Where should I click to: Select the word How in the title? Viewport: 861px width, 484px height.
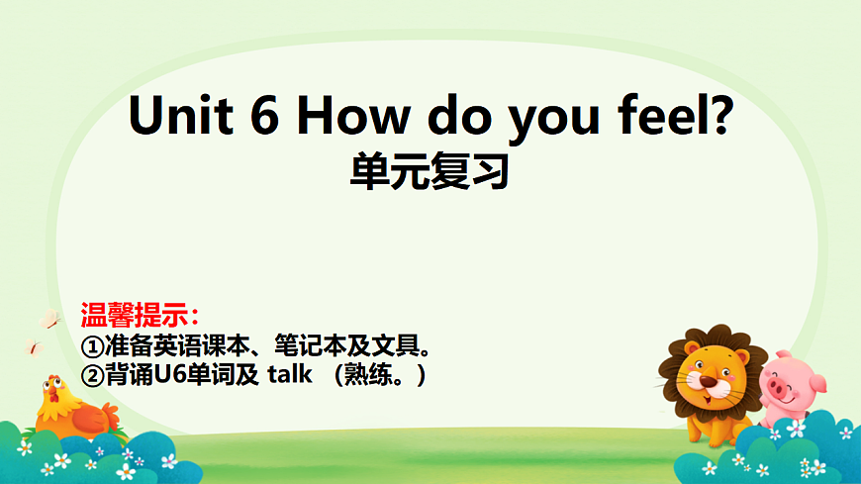click(352, 118)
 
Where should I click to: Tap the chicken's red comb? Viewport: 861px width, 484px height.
click(51, 379)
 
